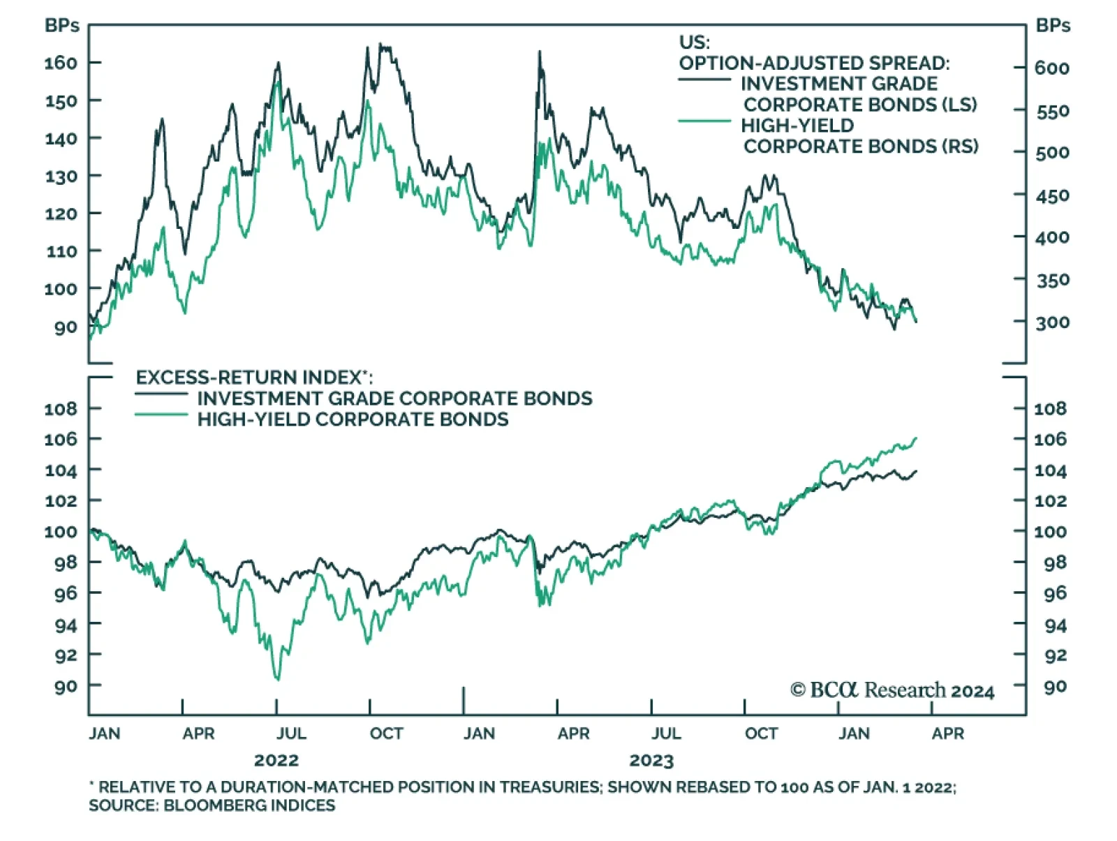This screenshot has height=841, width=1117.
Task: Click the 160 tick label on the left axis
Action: coord(60,63)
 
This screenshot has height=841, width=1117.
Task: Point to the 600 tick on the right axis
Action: coord(1052,68)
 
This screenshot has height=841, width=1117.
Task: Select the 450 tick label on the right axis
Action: coord(1052,195)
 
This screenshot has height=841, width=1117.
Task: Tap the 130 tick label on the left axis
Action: coord(60,176)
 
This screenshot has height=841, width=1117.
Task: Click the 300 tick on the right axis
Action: coord(1052,322)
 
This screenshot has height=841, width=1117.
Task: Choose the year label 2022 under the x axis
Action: coord(276,760)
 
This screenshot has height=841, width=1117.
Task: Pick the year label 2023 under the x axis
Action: coord(651,760)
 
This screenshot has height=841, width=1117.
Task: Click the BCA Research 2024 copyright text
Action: coord(892,690)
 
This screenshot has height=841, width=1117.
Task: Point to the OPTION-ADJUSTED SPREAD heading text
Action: coord(814,63)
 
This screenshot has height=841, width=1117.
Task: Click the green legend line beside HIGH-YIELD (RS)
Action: coord(704,121)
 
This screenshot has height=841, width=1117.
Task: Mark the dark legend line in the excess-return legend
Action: coord(161,394)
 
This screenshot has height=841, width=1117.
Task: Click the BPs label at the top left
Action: coord(61,26)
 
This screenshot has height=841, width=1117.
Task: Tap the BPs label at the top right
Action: coord(1053,26)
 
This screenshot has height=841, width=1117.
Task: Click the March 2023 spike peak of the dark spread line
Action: coord(539,52)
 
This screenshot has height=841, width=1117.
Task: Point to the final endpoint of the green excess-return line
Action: coord(916,438)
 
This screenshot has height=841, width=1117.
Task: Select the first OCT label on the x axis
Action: coord(386,734)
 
